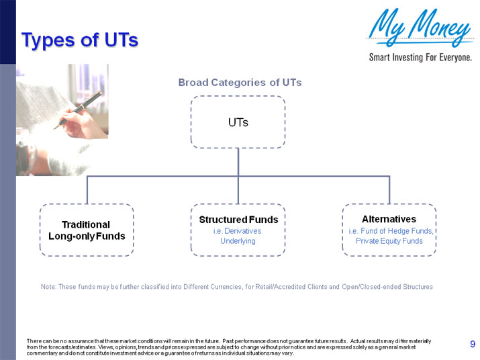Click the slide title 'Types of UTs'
point(79,40)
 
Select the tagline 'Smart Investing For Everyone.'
point(420,57)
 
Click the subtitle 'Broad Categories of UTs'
point(240,83)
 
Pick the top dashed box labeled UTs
point(238,122)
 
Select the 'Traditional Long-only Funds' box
point(87,230)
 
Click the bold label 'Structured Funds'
point(238,220)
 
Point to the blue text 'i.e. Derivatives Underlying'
point(238,236)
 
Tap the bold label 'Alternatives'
point(389,219)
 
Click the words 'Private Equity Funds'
point(389,241)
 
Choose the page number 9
point(473,345)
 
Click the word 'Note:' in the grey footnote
point(49,287)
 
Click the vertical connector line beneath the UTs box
point(238,161)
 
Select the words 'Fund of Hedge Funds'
point(397,231)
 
